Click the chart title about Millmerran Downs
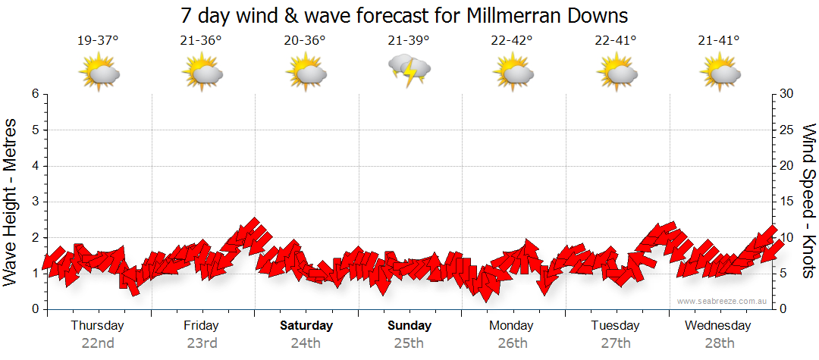point(405,15)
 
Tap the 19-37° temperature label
point(98,41)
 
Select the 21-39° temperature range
point(408,41)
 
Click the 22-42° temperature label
point(511,41)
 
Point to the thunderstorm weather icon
point(409,70)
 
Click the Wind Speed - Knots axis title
point(808,201)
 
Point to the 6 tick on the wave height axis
point(34,94)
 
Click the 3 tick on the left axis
point(34,202)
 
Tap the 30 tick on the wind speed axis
point(787,94)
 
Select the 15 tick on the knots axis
point(787,202)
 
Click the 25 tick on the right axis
point(787,130)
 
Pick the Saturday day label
point(306,326)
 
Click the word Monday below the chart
point(511,326)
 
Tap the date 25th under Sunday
point(409,343)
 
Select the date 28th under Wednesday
point(718,343)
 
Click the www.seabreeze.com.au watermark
point(722,302)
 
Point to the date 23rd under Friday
point(202,343)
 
